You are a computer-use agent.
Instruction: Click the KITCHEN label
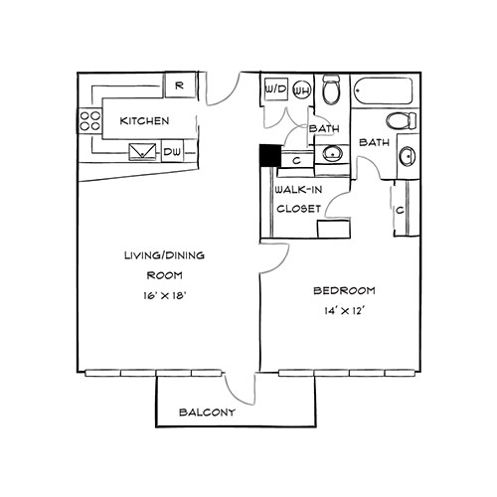pyautogui.click(x=144, y=121)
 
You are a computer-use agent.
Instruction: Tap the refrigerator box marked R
pyautogui.click(x=180, y=85)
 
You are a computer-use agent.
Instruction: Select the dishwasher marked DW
pyautogui.click(x=172, y=151)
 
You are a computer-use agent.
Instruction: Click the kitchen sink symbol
pyautogui.click(x=142, y=152)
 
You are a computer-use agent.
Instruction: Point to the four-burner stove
pyautogui.click(x=90, y=121)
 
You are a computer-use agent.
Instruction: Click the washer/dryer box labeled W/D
pyautogui.click(x=276, y=89)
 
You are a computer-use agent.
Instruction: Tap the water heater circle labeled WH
pyautogui.click(x=302, y=89)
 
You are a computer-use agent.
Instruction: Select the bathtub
pyautogui.click(x=384, y=90)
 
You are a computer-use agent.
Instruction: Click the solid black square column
pyautogui.click(x=270, y=156)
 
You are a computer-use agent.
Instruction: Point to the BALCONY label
pyautogui.click(x=207, y=413)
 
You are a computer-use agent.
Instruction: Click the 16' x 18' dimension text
pyautogui.click(x=164, y=295)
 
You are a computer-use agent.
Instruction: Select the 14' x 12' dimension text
pyautogui.click(x=345, y=311)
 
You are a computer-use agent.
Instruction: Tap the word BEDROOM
pyautogui.click(x=344, y=290)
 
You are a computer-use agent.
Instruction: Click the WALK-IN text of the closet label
pyautogui.click(x=298, y=190)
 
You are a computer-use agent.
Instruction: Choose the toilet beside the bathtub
pyautogui.click(x=402, y=120)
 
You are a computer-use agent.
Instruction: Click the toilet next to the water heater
pyautogui.click(x=332, y=88)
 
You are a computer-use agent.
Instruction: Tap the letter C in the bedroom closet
pyautogui.click(x=400, y=211)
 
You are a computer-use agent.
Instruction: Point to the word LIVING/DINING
pyautogui.click(x=164, y=255)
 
